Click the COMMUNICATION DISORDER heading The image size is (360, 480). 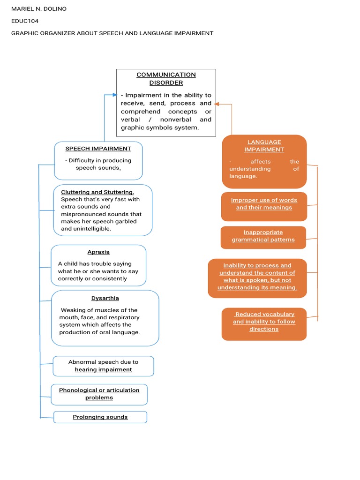[166, 79]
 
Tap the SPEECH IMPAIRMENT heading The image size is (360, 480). [98, 149]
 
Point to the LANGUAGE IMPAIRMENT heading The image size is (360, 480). [264, 146]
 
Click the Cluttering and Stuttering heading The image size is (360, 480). [97, 192]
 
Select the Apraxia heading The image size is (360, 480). [98, 252]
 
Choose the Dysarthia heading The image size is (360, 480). [105, 298]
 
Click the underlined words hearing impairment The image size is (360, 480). [103, 369]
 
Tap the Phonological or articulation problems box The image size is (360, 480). [99, 394]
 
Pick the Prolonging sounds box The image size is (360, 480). [100, 417]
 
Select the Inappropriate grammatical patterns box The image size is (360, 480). [263, 236]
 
